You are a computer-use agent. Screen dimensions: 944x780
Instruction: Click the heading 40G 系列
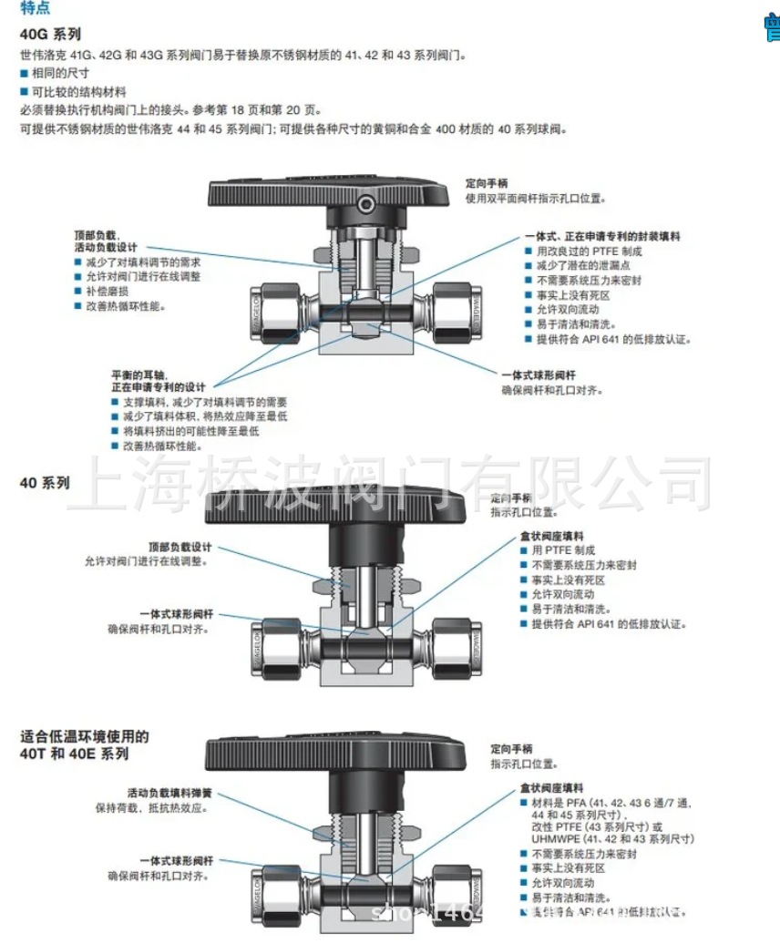point(50,35)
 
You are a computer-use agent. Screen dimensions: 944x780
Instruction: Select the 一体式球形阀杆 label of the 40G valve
point(538,375)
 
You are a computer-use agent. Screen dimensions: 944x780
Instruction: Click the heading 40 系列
point(45,483)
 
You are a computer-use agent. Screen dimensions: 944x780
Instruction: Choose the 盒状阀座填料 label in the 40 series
point(551,537)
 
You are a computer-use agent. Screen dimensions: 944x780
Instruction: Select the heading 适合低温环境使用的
point(84,736)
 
